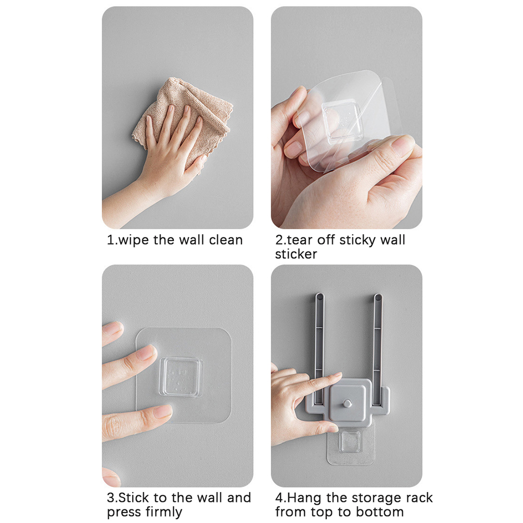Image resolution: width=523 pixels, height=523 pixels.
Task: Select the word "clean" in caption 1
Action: tap(226, 240)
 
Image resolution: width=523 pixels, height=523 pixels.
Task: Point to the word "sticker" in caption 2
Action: tap(296, 254)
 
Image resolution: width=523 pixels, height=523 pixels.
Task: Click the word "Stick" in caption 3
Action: tap(135, 497)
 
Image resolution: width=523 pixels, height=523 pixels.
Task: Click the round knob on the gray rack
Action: tap(347, 403)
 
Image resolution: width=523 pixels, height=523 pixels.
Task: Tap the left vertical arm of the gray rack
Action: tap(319, 347)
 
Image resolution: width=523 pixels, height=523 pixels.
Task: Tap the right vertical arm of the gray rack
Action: tap(378, 347)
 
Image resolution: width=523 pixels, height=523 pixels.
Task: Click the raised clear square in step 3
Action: tap(181, 377)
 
